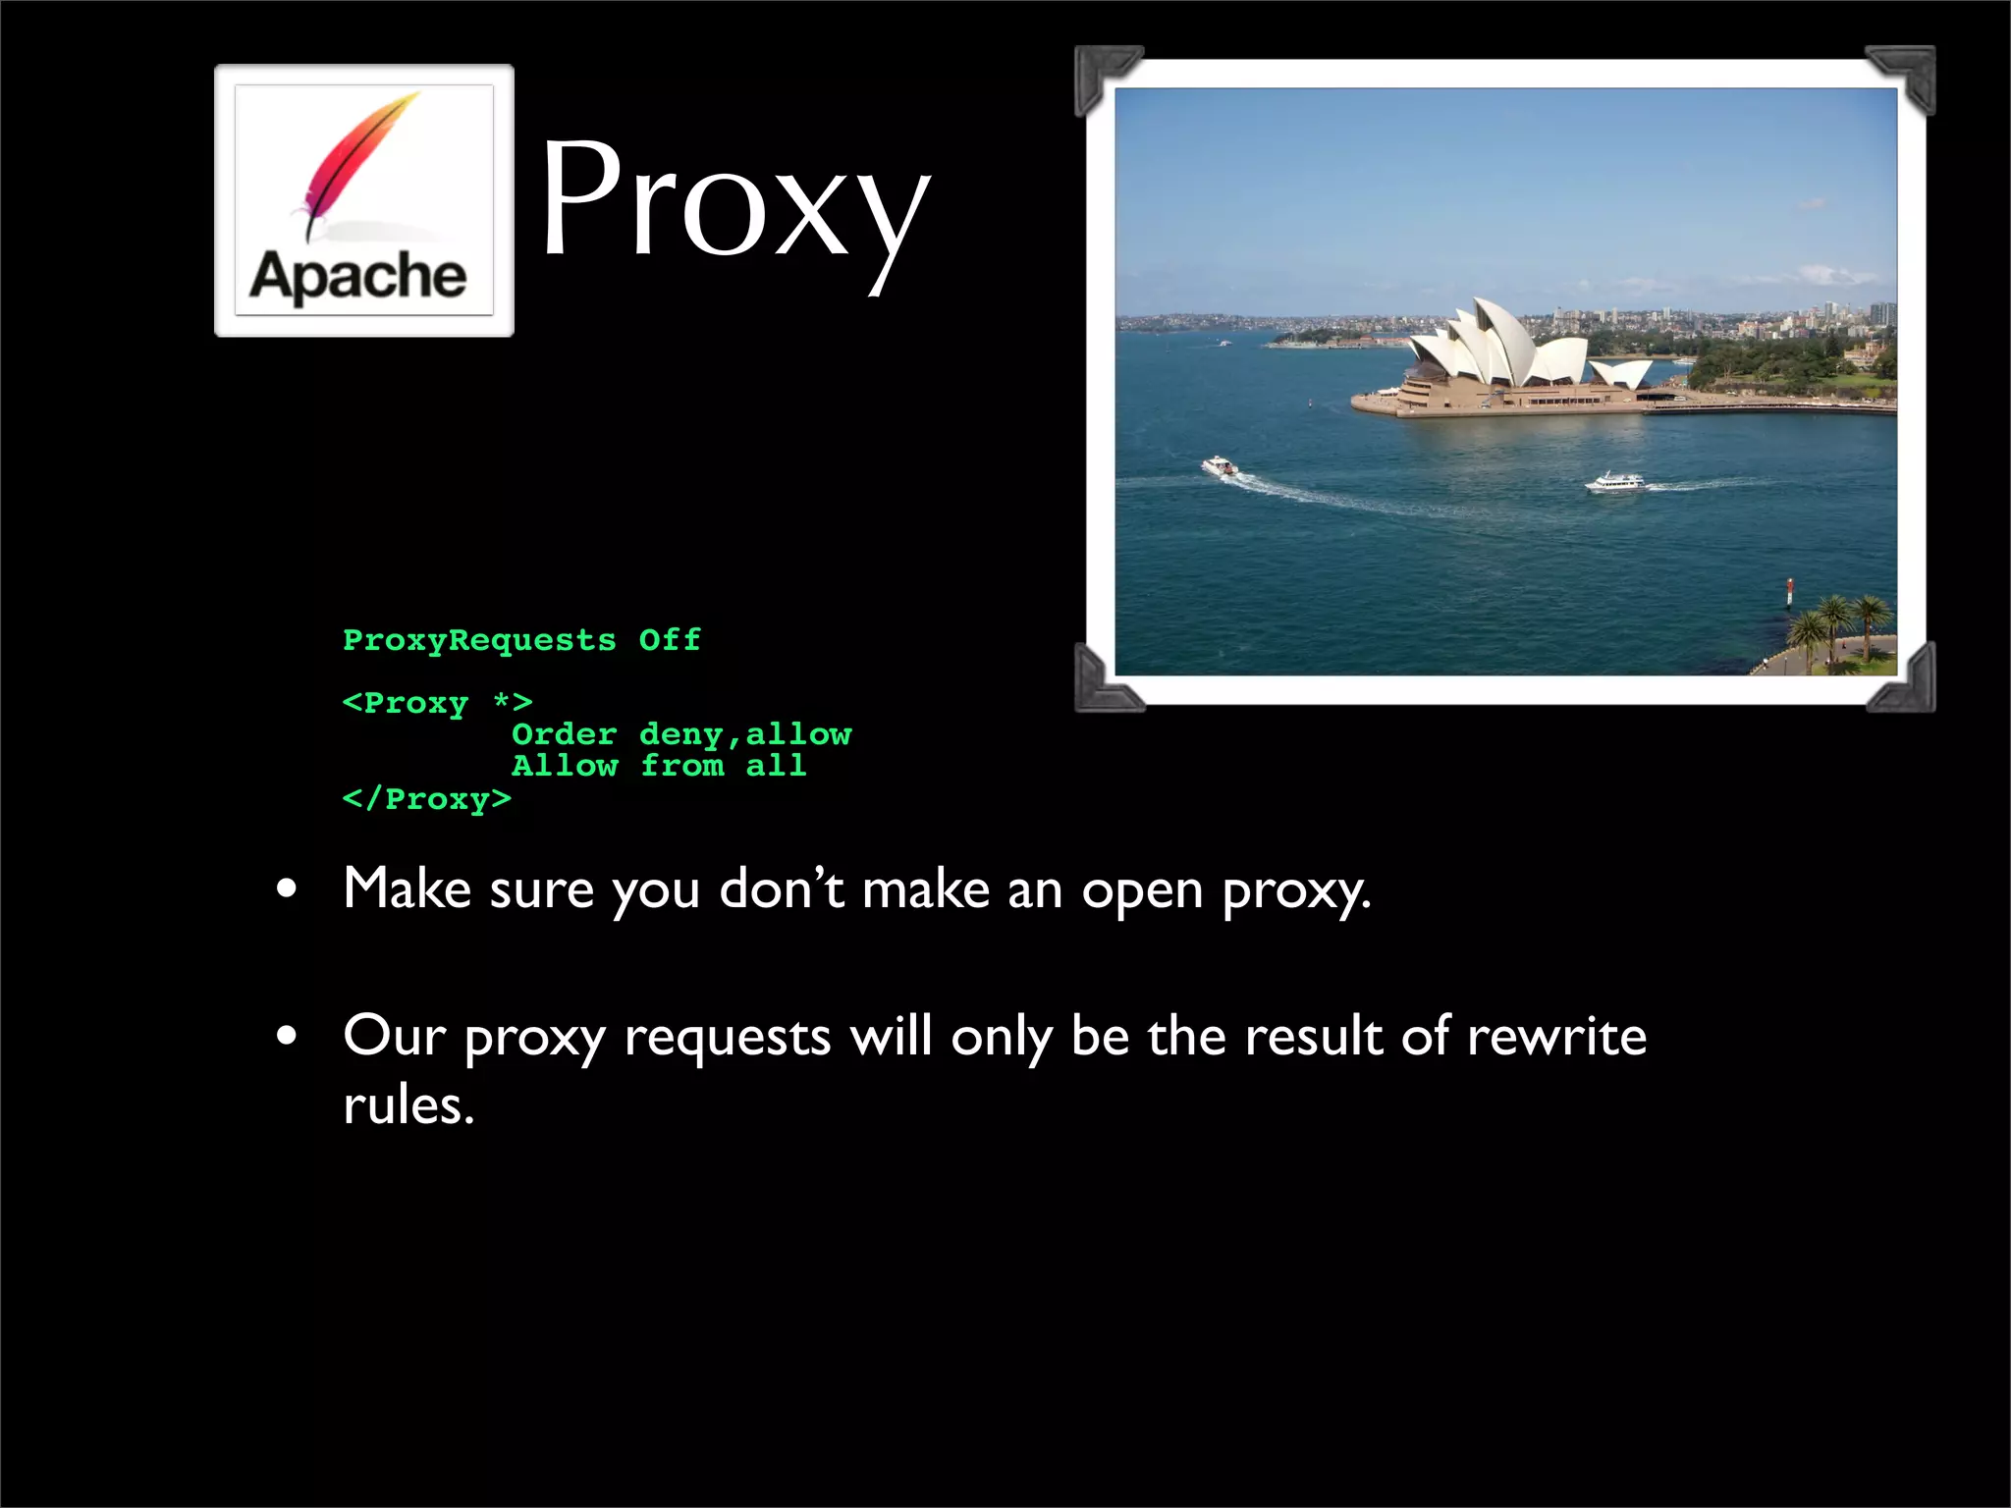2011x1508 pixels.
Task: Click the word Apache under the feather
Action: point(358,276)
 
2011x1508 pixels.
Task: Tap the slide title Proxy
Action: point(734,202)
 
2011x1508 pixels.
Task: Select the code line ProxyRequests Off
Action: point(521,640)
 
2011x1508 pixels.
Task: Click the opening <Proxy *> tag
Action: point(437,703)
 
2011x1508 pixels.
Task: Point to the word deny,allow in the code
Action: point(745,734)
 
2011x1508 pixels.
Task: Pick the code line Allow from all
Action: point(659,766)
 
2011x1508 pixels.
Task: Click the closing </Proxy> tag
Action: point(426,799)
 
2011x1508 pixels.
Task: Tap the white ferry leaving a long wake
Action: point(1221,466)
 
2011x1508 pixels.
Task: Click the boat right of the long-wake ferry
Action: point(1613,481)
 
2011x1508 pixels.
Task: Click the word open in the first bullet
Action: point(1142,890)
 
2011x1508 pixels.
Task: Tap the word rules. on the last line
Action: point(408,1105)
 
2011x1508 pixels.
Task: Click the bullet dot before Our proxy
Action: point(287,1037)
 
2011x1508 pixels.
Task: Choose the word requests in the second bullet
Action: point(728,1039)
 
